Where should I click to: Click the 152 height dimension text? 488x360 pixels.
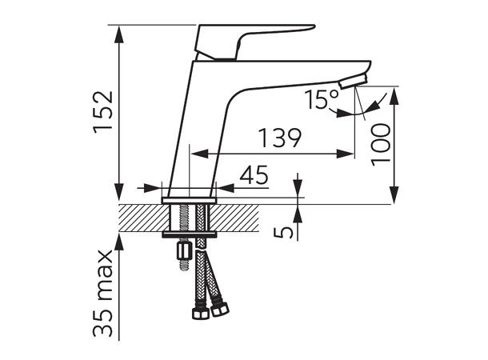[104, 112]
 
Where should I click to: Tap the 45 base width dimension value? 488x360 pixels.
[254, 175]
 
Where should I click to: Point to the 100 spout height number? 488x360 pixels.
[383, 143]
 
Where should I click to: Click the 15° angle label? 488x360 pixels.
[322, 100]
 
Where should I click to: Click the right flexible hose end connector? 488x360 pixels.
[220, 307]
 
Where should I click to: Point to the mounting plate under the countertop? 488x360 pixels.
[189, 234]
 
